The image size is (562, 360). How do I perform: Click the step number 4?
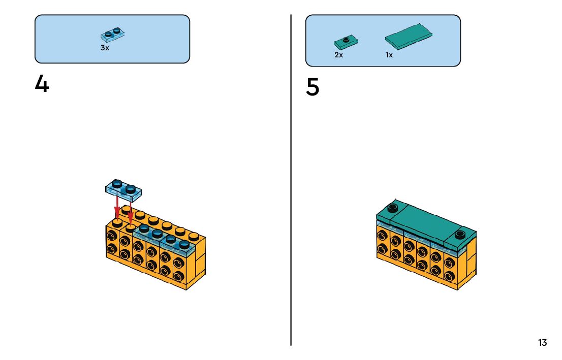point(42,84)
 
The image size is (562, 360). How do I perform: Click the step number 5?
point(313,87)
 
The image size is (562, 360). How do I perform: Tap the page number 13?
point(542,343)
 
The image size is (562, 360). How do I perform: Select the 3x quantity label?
point(105,48)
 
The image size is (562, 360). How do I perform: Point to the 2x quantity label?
point(338,55)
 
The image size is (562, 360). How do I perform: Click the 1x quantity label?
point(389,55)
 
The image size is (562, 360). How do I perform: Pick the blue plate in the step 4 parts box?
point(113,35)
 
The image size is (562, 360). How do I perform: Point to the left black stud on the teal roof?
point(392,207)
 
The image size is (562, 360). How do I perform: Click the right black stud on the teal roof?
point(460,235)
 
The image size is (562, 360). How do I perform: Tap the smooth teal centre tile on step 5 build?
point(427,220)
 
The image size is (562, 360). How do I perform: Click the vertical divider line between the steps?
point(291,180)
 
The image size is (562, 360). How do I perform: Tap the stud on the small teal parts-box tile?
point(346,39)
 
